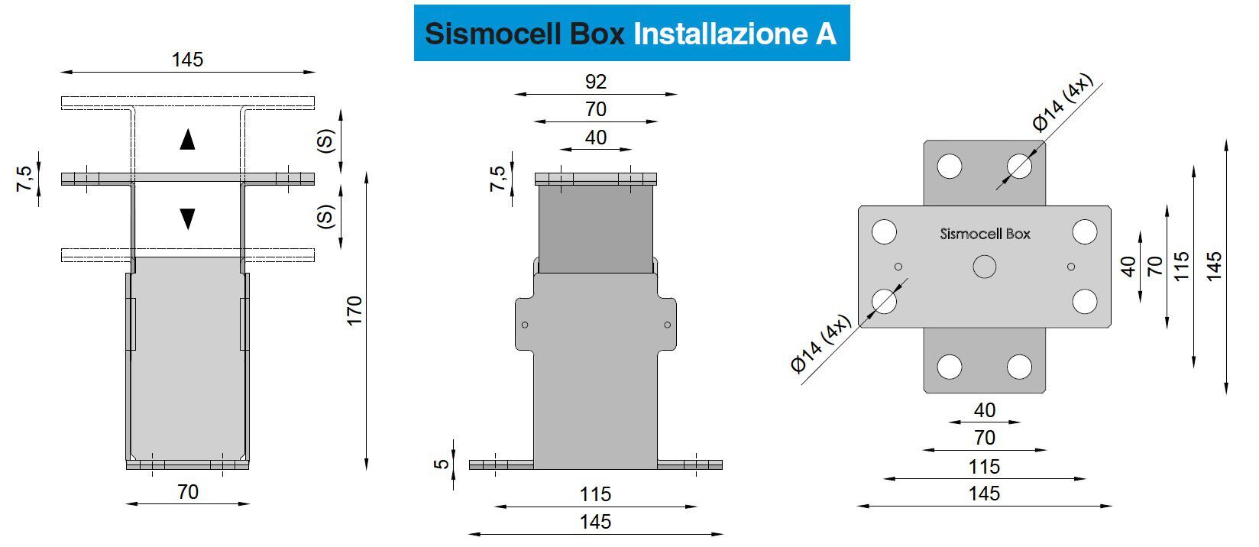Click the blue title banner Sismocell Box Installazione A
631,34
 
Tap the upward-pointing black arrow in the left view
187,140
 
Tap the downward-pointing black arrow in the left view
187,219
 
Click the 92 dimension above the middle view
595,82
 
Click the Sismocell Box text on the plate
985,234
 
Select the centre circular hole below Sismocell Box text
985,267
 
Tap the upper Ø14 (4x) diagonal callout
1062,104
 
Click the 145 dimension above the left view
187,60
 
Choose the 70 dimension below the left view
188,492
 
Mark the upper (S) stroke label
326,141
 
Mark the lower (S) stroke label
326,216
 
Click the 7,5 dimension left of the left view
25,179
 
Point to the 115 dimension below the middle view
595,494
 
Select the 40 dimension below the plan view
985,410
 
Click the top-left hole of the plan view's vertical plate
950,166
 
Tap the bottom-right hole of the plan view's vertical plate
1019,367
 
